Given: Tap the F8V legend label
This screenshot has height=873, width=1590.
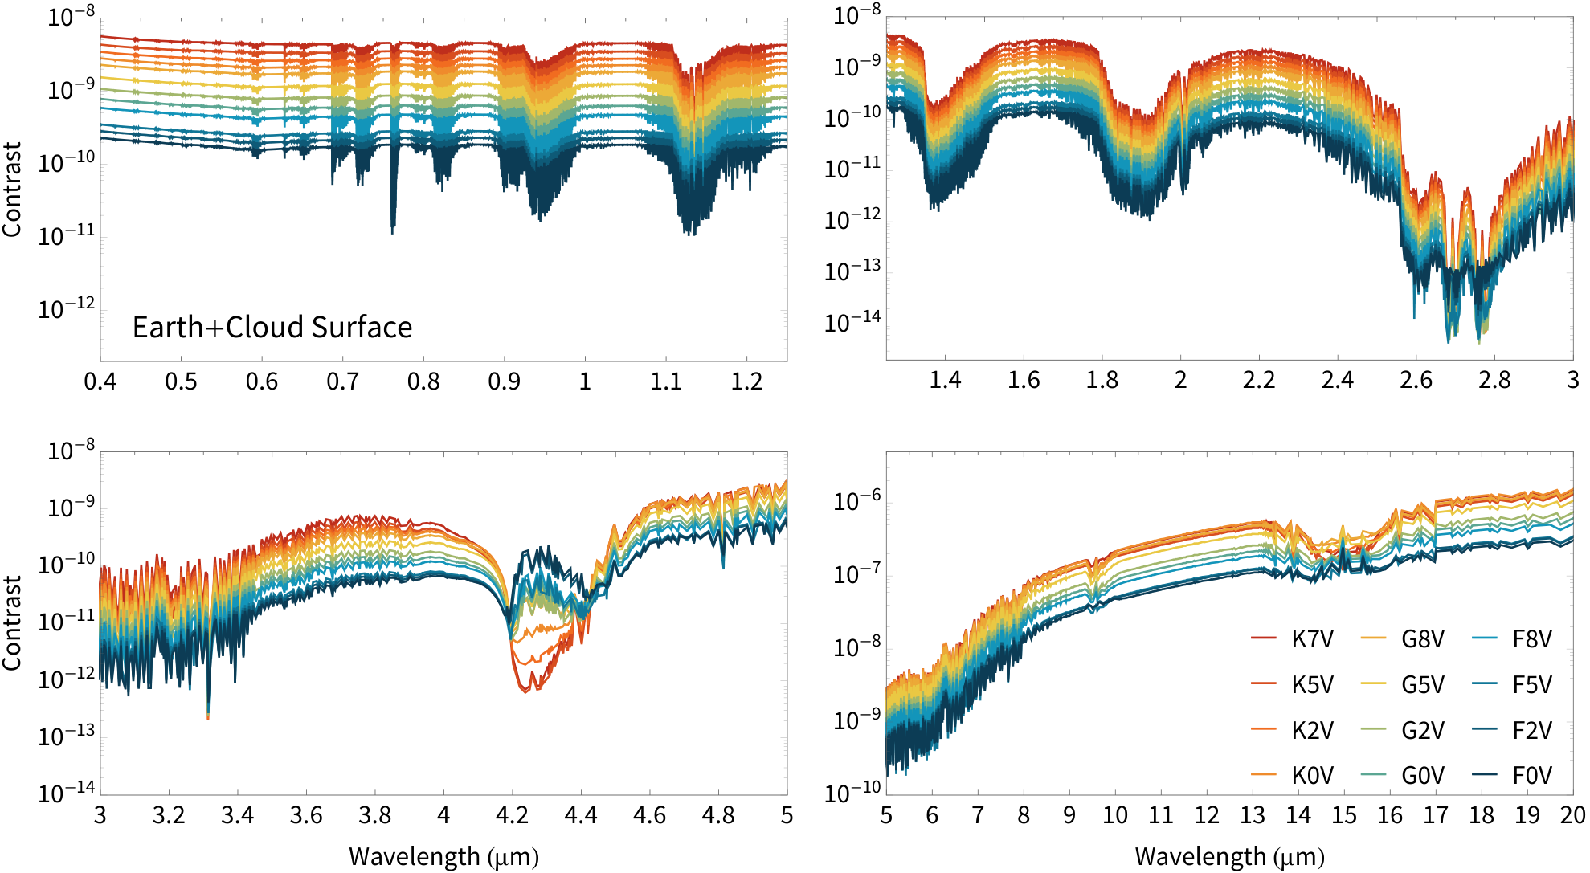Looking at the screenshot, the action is [1532, 639].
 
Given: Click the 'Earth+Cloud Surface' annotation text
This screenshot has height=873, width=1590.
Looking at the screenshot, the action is [272, 328].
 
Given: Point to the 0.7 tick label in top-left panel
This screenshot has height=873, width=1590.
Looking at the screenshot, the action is [342, 381].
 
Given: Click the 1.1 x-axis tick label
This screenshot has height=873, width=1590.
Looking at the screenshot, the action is [666, 381].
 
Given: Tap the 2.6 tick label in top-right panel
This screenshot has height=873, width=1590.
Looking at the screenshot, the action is [1416, 380].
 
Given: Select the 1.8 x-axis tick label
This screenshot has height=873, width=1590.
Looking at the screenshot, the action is [1102, 380].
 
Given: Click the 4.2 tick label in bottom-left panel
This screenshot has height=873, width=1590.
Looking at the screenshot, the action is [512, 816].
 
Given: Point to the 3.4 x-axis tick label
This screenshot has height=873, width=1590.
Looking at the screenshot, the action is [237, 816].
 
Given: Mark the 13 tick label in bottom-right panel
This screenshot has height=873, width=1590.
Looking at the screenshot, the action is [1253, 816].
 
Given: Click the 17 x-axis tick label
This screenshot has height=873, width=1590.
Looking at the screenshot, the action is [1436, 816].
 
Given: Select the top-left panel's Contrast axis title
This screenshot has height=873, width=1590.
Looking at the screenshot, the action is [12, 190].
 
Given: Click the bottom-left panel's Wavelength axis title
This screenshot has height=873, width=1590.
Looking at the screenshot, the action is [443, 857].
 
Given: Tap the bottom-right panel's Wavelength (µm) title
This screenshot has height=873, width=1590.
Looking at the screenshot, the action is [1230, 857].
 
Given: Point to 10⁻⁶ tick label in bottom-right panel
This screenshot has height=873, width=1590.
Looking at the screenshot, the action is [857, 500].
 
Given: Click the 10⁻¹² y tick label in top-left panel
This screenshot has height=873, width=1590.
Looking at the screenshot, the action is [67, 308].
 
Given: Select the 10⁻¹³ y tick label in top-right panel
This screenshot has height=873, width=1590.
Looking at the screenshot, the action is [853, 271].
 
